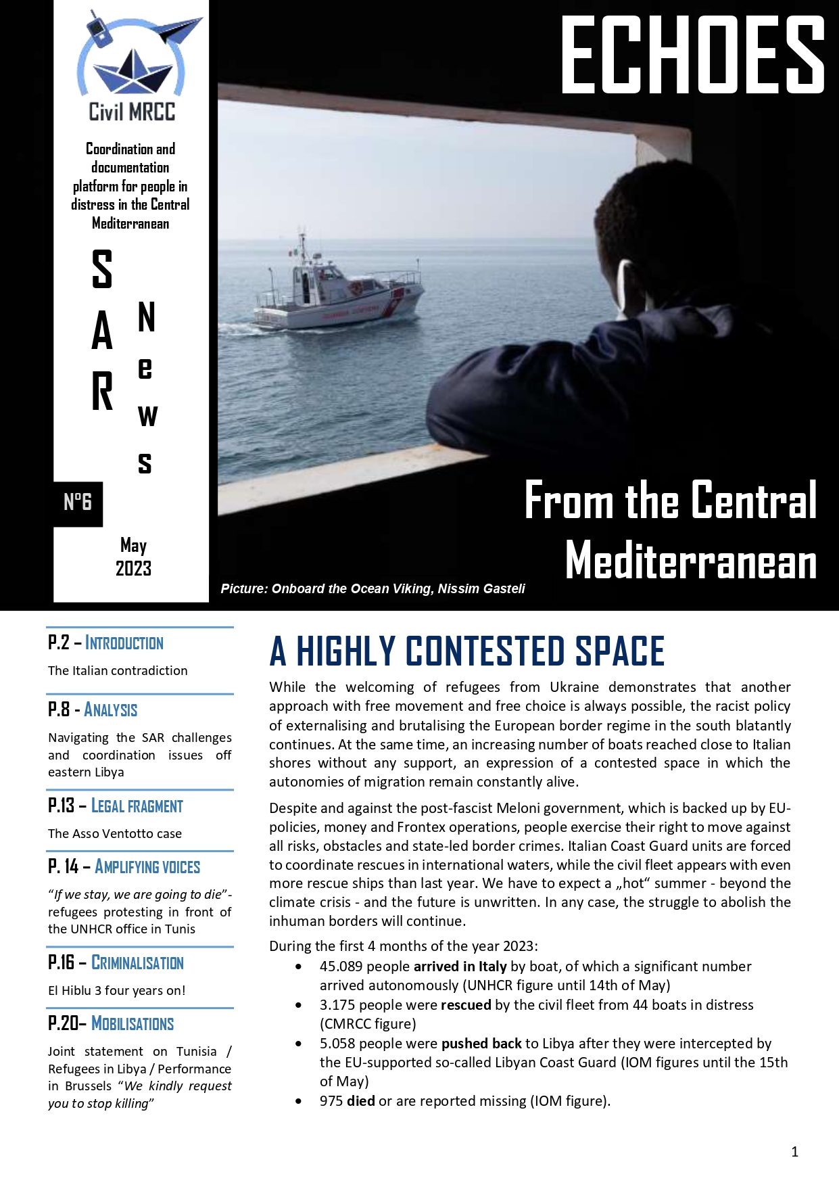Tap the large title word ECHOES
[693, 55]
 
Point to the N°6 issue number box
[78, 503]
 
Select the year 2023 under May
[133, 569]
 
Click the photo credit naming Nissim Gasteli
[373, 589]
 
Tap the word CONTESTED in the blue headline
[485, 651]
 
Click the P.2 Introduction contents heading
[106, 643]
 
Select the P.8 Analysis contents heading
[93, 709]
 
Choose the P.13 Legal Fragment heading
[116, 806]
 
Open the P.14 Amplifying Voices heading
[124, 866]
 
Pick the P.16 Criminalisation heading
[116, 962]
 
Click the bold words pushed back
[481, 1044]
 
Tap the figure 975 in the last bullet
[331, 1101]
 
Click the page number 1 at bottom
[795, 1152]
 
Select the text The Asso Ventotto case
[115, 834]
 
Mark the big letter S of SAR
[102, 269]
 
